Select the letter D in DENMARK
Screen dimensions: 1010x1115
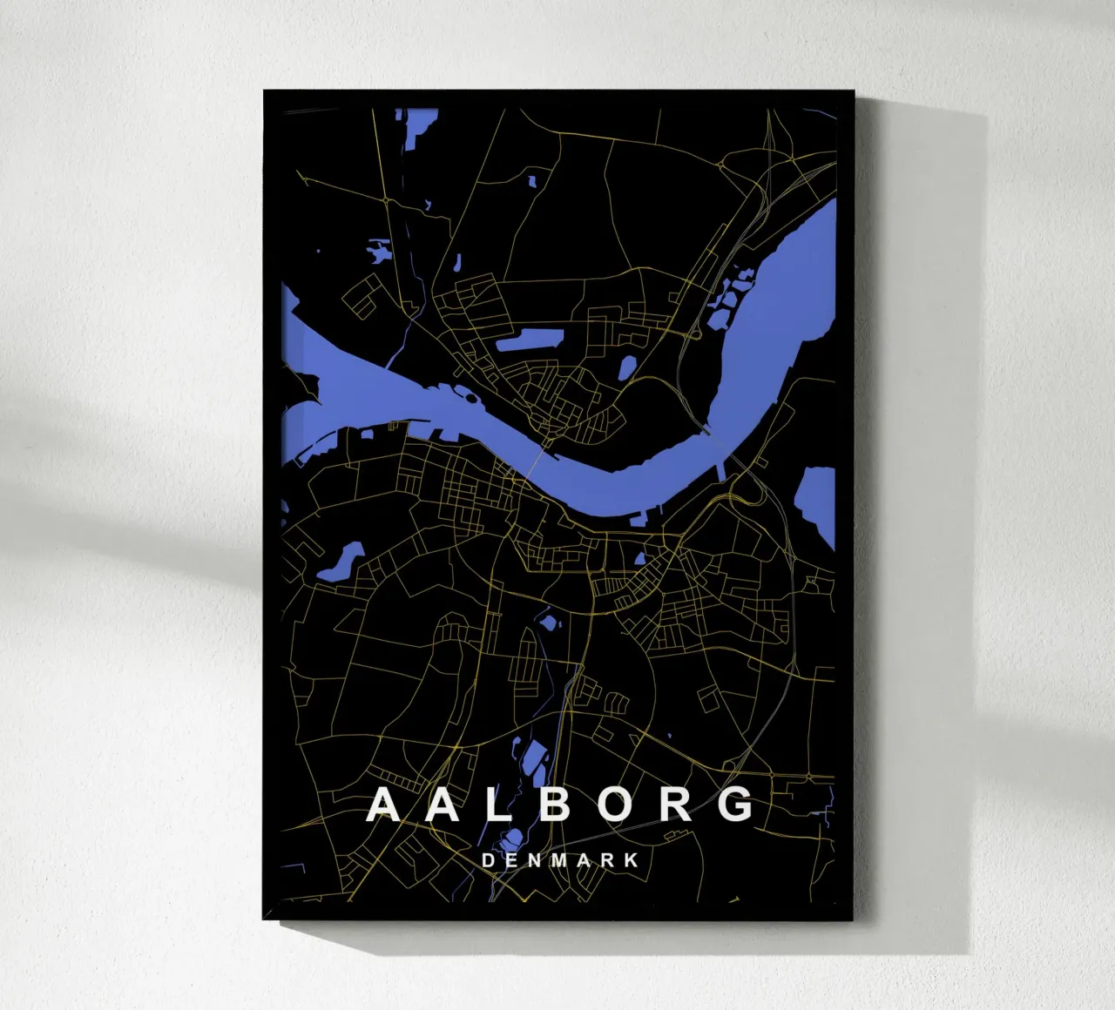click(488, 860)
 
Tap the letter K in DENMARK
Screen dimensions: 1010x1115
click(633, 860)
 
